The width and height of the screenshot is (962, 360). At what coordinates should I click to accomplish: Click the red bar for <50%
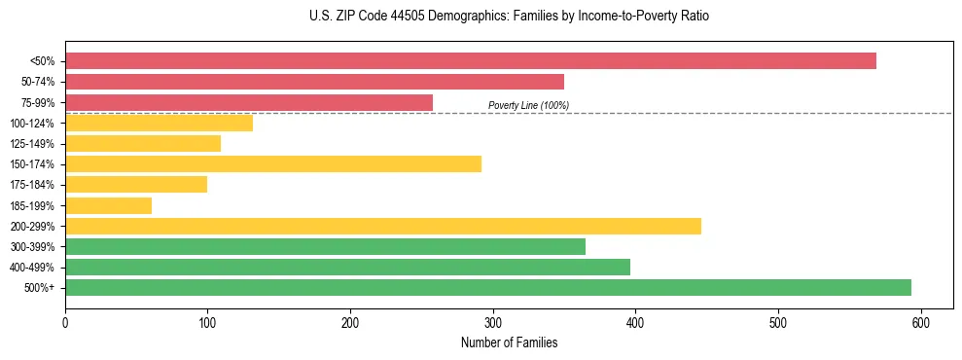click(x=470, y=61)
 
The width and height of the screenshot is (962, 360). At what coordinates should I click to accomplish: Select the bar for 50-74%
click(x=314, y=82)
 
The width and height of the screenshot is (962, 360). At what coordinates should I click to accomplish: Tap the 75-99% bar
click(x=249, y=102)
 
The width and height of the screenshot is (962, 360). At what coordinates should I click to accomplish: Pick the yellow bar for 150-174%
click(x=273, y=163)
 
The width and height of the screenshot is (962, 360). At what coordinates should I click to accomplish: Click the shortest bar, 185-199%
click(x=108, y=205)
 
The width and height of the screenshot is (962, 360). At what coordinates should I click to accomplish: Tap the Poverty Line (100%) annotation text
click(x=528, y=105)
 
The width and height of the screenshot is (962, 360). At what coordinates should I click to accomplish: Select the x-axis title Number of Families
click(x=510, y=342)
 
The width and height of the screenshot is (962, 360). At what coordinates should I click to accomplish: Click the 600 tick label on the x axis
click(x=920, y=323)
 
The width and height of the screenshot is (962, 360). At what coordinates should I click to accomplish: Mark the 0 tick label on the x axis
click(x=65, y=323)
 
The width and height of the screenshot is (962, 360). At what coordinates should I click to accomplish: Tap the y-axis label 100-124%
click(x=32, y=123)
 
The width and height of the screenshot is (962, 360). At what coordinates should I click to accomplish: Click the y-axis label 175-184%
click(x=32, y=185)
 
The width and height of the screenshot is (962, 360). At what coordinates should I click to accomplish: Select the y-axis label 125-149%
click(x=32, y=144)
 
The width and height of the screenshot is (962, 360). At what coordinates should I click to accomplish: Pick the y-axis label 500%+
click(x=39, y=288)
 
